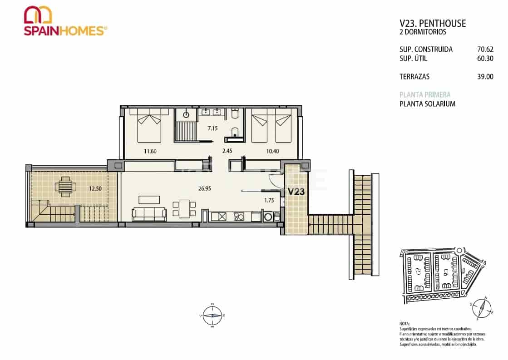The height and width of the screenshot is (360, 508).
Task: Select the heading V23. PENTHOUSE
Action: coord(432,24)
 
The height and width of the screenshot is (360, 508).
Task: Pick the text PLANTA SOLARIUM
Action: coord(427,104)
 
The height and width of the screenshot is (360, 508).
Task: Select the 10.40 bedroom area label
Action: coord(273,151)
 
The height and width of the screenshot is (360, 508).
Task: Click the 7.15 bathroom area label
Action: coord(212,128)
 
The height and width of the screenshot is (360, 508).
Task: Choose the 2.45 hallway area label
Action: coord(227,151)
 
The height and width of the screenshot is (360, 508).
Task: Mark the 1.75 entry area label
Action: coord(269,200)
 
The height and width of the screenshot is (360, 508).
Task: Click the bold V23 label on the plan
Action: coord(296,192)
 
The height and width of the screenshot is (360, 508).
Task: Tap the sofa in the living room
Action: coord(148,214)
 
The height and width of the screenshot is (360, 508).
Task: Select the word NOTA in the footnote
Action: coord(404,324)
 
